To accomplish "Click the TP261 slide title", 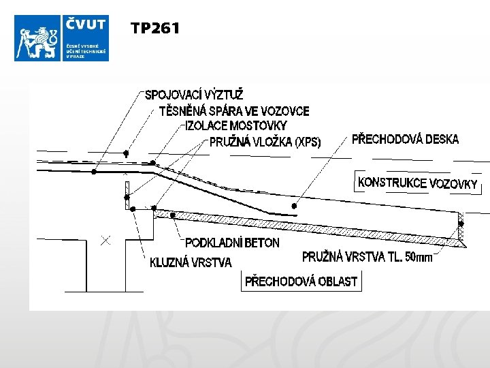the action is pos(155,28).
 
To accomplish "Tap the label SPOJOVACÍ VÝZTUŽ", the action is pos(194,94).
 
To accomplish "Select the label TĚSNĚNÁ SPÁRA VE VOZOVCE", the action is pos(234,110).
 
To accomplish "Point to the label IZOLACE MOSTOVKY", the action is pos(235,125).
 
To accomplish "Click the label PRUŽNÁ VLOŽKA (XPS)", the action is pos(265,142).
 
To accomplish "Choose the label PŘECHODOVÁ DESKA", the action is pos(405,140).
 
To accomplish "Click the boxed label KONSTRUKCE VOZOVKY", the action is pos(417,183).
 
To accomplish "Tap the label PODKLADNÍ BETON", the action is pos(232,243).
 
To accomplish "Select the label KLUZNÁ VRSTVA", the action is pos(191,262).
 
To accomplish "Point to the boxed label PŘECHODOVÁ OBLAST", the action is pos(301,281).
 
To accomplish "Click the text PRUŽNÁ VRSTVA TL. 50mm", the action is pos(367,257).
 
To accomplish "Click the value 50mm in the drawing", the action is pos(419,257).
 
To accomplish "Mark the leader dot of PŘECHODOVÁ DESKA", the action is pos(294,205).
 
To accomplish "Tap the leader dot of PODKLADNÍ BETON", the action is pos(173,215).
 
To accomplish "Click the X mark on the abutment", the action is pos(105,240).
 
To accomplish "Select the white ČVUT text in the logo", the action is pos(86,25).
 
